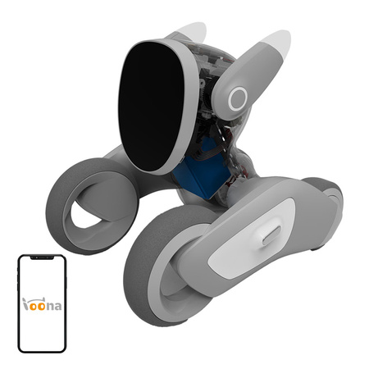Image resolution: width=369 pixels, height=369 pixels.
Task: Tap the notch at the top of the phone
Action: [x=43, y=258]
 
